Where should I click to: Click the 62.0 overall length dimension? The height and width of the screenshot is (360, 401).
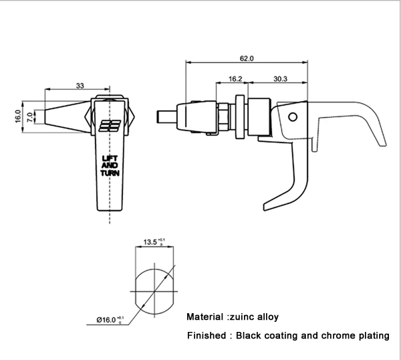(x=247, y=59)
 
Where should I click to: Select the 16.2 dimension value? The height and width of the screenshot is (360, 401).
(x=235, y=79)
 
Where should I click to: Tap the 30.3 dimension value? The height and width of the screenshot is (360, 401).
(x=280, y=79)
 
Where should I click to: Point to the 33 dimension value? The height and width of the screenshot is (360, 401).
(x=80, y=85)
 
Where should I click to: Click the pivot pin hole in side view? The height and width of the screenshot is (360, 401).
(x=291, y=117)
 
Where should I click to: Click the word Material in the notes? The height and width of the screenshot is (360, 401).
(x=205, y=317)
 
